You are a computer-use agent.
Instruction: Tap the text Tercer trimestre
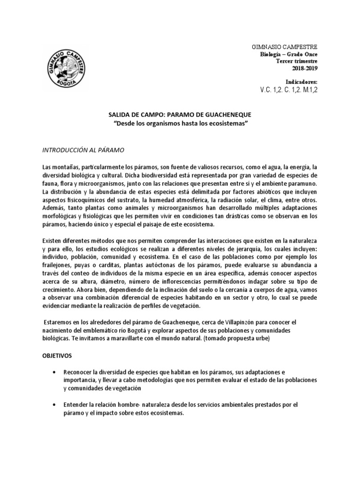click(297, 61)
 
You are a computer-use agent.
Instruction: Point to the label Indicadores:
click(301, 81)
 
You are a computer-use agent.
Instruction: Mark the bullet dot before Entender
click(57, 405)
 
